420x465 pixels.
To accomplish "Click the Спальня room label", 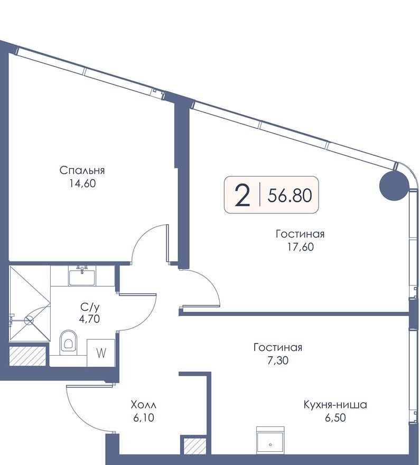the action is pos(82,171).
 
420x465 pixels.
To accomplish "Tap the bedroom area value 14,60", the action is pos(82,183).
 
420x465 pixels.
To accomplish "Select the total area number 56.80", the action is pos(290,196).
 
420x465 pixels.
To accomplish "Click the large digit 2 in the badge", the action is pos(242,195).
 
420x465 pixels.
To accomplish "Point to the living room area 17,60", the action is pos(300,247).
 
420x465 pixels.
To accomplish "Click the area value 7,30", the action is pos(278,360).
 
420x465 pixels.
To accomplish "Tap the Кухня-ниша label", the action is pos(335,405).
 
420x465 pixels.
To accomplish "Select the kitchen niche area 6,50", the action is pos(335,418).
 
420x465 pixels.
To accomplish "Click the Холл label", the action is pos(144,405).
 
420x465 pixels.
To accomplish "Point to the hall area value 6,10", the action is pos(144,418).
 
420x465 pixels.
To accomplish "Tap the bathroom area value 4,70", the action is pos(89,319).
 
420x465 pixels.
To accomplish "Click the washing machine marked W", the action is pos(101,352).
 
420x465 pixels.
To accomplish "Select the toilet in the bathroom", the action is pos(68,342).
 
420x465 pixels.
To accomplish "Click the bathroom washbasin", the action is pos(82,276).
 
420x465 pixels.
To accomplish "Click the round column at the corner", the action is pos(394,185).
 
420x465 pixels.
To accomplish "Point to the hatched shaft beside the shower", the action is pos(27,356).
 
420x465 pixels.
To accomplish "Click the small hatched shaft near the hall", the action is pos(195,446).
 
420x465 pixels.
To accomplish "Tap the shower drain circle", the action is pos(29,321).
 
